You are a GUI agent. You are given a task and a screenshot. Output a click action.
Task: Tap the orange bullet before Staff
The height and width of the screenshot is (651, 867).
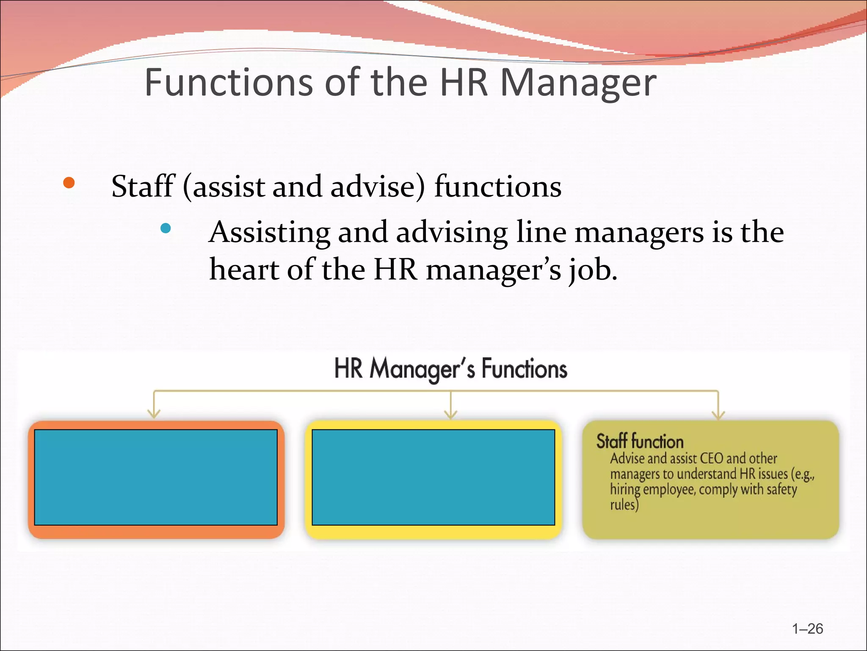pos(69,183)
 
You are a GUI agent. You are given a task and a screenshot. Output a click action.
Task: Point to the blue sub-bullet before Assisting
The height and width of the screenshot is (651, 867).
pos(166,228)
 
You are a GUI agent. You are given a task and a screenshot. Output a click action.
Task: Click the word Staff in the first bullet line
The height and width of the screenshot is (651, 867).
pos(143,186)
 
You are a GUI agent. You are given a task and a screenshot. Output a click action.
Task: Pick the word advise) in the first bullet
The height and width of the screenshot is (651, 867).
pos(377,186)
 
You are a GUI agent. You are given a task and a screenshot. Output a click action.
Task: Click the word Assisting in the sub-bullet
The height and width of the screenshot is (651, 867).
pos(269,233)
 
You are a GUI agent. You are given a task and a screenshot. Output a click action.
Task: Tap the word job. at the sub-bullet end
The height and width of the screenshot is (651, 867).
pos(593,270)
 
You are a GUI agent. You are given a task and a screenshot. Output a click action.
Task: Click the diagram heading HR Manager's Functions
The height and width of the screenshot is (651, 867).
pos(450,368)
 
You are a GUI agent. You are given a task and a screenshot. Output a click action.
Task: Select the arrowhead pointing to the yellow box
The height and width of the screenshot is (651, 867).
pos(450,414)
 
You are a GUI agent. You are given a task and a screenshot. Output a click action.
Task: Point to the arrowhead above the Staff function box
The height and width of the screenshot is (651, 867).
pos(718,414)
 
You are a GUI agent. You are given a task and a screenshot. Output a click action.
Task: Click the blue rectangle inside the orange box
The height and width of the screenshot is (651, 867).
pos(156,477)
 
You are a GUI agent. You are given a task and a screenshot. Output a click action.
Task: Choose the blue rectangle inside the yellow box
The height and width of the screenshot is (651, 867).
pos(433,477)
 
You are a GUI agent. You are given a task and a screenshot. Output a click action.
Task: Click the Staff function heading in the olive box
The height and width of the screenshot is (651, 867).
pos(640,441)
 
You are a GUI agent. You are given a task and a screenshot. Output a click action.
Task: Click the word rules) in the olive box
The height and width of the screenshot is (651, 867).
pos(624,505)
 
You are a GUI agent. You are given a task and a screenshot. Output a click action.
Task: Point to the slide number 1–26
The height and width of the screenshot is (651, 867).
pos(807,629)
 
